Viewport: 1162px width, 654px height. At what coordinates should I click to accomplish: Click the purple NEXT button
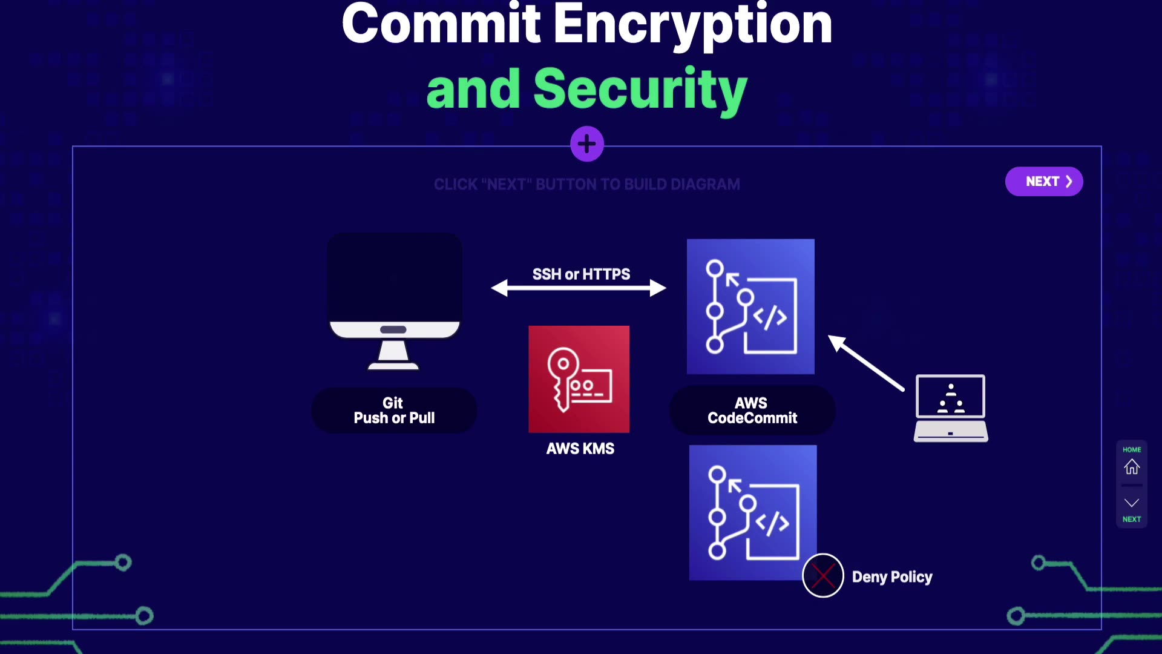coord(1043,181)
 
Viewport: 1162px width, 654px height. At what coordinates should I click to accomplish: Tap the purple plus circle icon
coord(586,144)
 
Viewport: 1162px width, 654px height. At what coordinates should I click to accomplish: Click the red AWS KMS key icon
coord(579,379)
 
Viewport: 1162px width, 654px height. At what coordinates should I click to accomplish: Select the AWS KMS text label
coord(580,449)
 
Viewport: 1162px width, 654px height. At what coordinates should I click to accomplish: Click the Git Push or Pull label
coord(394,411)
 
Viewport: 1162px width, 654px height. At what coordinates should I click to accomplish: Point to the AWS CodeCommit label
coord(752,411)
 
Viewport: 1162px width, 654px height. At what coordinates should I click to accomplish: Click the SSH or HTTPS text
coord(581,274)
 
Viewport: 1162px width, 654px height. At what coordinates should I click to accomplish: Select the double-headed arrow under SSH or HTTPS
coord(579,288)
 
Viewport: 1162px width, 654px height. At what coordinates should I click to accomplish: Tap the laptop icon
coord(950,408)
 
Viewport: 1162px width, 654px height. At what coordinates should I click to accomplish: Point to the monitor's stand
coord(393,354)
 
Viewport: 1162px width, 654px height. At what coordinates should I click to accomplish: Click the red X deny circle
coord(822,576)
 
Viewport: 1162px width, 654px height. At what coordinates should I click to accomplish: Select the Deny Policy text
coord(891,577)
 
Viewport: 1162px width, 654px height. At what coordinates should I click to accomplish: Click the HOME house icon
coord(1131,467)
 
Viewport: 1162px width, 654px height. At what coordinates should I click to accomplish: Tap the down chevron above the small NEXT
coord(1131,503)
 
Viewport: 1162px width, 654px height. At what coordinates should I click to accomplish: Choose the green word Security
coord(640,90)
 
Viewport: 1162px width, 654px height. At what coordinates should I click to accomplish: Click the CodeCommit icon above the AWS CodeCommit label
coord(750,306)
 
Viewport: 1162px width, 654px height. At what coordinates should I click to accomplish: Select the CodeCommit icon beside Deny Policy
coord(752,512)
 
